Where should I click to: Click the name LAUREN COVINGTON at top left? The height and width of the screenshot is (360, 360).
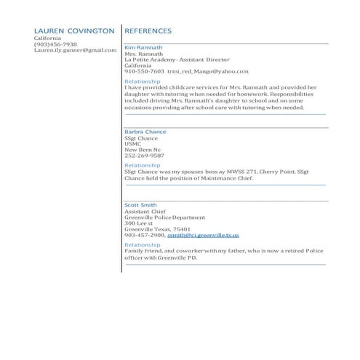(74, 31)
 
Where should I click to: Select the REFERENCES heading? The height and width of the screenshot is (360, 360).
(148, 31)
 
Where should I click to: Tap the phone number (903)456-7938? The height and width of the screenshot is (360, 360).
(55, 44)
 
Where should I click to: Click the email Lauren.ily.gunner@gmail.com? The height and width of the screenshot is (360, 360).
(75, 50)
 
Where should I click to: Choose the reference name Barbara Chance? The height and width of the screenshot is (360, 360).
(145, 132)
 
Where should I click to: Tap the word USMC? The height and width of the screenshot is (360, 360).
(133, 143)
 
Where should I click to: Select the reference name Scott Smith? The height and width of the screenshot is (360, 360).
(140, 205)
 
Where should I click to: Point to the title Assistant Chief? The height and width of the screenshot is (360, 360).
(145, 211)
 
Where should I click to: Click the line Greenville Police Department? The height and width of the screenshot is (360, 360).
(164, 217)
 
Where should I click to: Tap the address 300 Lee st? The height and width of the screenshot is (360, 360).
(139, 223)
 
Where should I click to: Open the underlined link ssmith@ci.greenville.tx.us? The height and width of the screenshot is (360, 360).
(203, 235)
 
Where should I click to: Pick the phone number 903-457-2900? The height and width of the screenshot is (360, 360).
(144, 235)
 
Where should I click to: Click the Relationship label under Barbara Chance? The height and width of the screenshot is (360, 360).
(142, 165)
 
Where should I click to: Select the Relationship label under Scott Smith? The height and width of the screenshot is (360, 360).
(142, 245)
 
